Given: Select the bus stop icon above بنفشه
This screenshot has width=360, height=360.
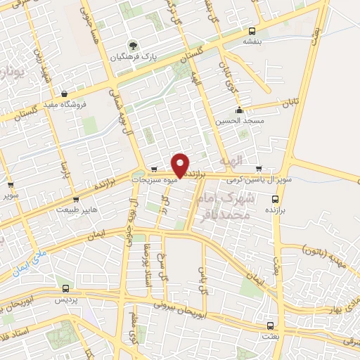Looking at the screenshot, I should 252,30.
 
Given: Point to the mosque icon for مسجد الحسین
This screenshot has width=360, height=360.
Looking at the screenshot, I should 239,109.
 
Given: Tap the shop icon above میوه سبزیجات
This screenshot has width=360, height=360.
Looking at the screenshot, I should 154,169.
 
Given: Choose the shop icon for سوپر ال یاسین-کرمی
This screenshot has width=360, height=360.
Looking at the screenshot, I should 259,169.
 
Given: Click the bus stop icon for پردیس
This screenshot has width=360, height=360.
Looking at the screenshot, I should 65,288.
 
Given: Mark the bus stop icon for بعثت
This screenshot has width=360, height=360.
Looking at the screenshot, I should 271,325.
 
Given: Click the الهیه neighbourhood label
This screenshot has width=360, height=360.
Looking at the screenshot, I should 231,161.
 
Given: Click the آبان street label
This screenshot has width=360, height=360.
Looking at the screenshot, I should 291,103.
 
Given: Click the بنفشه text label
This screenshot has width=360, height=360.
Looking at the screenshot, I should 253,41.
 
